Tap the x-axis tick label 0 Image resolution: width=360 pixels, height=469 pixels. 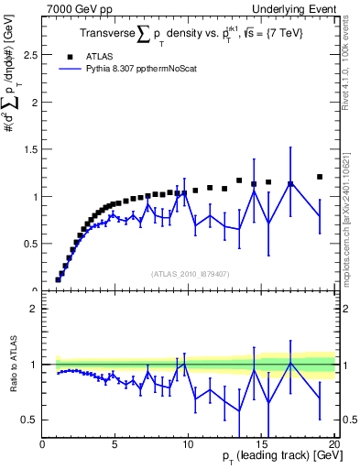pos(42,446)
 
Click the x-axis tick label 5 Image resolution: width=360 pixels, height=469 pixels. pos(115,446)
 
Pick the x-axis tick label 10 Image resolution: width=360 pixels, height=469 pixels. pos(187,446)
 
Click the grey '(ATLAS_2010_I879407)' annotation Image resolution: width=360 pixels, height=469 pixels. pos(189,273)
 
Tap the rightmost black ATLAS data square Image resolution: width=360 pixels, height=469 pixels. pos(320,177)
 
